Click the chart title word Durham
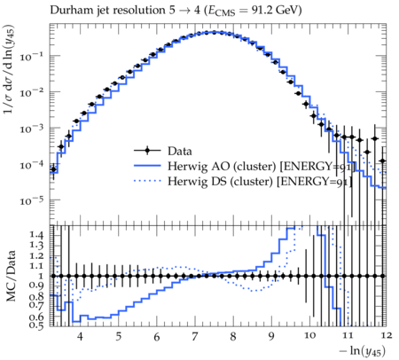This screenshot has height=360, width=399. coord(69,11)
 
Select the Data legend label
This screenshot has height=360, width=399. coord(180,151)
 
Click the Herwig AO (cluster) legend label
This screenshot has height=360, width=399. coord(222,166)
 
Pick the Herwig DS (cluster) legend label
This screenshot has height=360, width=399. coord(220,181)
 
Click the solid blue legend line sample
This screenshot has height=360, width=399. coord(147,166)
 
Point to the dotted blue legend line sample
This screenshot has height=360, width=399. coord(147,181)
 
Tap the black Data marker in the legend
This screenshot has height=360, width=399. coord(147,151)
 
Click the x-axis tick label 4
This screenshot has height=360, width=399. coord(80,336)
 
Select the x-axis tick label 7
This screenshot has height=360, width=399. coord(195,336)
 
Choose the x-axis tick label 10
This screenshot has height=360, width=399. coord(309,336)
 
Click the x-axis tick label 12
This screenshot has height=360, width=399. coord(386,336)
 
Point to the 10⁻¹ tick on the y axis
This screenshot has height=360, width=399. coord(31,56)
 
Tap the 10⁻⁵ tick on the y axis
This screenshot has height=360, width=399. coord(31,200)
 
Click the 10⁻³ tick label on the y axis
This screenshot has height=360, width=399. coord(31,129)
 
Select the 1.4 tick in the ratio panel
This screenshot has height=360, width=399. coord(36,235)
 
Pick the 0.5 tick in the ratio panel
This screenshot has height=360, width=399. coord(36,325)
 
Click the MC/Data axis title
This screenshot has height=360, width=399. coord(11,276)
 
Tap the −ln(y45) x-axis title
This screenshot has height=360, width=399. coord(363,351)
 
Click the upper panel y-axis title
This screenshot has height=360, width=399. coord(10,69)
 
